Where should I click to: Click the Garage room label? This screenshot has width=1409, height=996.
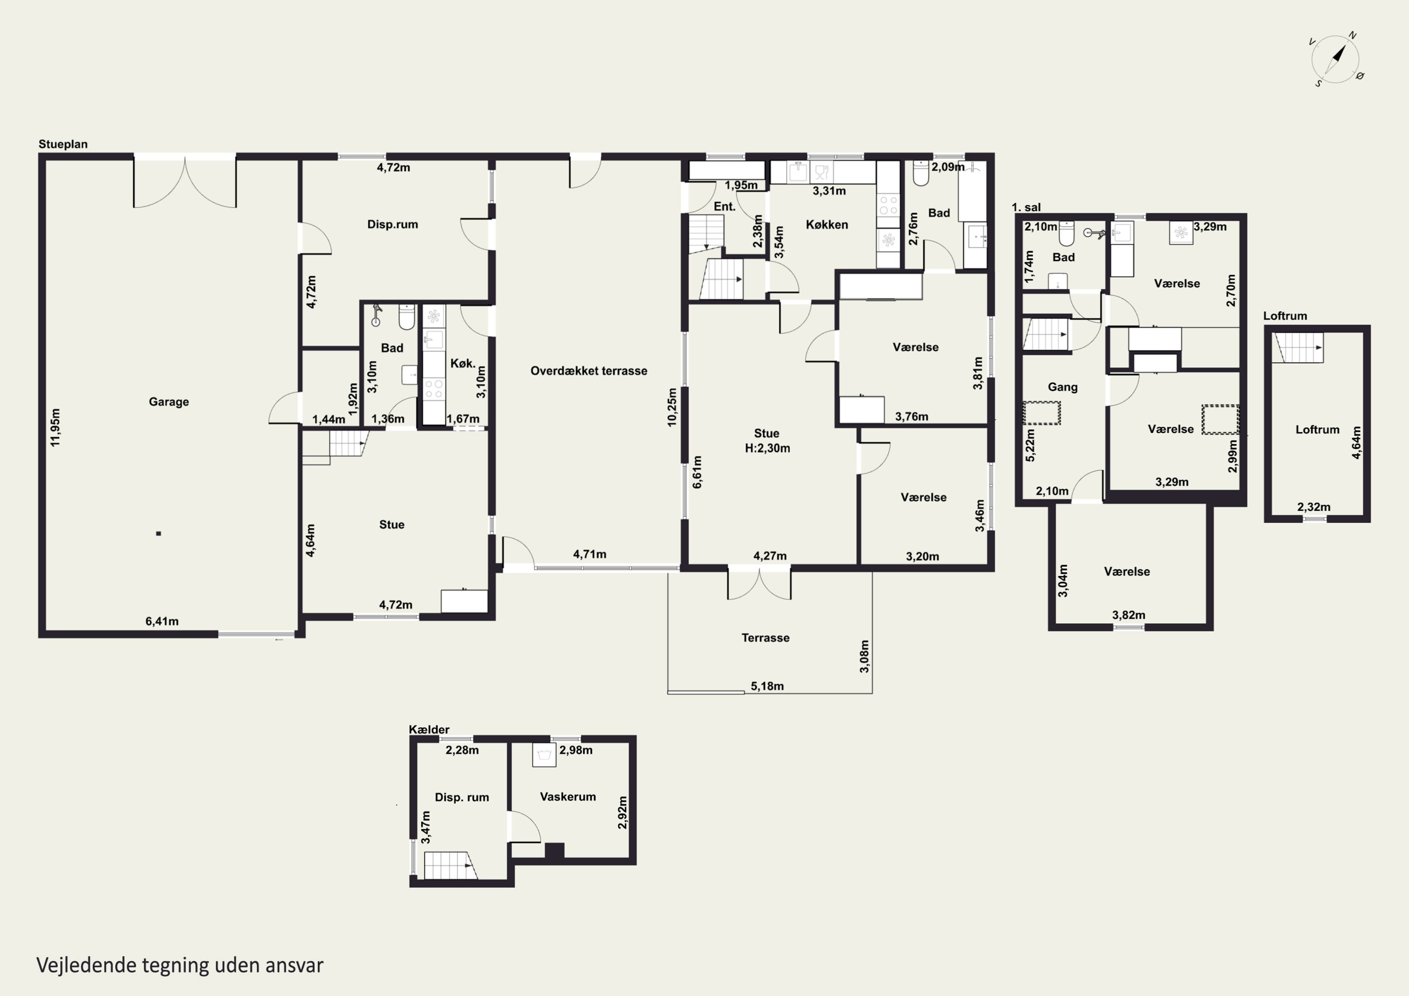pyautogui.click(x=169, y=402)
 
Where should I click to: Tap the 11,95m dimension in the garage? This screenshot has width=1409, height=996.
pyautogui.click(x=55, y=427)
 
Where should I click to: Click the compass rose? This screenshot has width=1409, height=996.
pyautogui.click(x=1335, y=60)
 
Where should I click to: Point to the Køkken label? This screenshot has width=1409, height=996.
pyautogui.click(x=827, y=224)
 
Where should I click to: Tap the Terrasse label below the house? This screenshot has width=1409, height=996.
pyautogui.click(x=765, y=638)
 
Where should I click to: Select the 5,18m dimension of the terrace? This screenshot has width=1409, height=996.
pyautogui.click(x=767, y=686)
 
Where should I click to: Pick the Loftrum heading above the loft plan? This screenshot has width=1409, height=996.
pyautogui.click(x=1285, y=316)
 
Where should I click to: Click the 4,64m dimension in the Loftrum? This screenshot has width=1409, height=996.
pyautogui.click(x=1356, y=442)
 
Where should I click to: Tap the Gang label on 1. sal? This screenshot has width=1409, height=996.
pyautogui.click(x=1062, y=387)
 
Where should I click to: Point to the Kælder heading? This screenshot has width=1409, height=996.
pyautogui.click(x=429, y=730)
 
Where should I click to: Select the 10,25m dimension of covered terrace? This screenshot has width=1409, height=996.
pyautogui.click(x=672, y=407)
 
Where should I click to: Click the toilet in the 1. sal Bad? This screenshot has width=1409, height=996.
pyautogui.click(x=1066, y=233)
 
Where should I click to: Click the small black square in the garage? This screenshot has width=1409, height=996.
pyautogui.click(x=158, y=534)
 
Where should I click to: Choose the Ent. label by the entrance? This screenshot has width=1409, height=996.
pyautogui.click(x=724, y=207)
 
